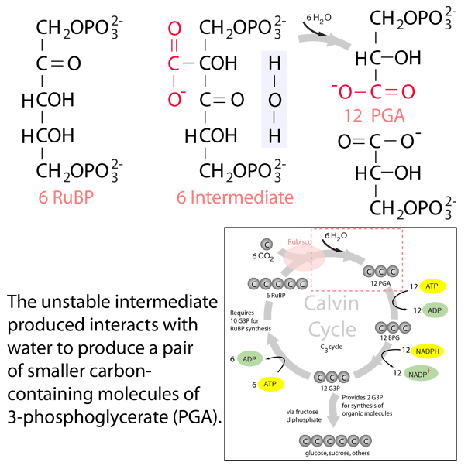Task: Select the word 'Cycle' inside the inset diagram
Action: (332, 329)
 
